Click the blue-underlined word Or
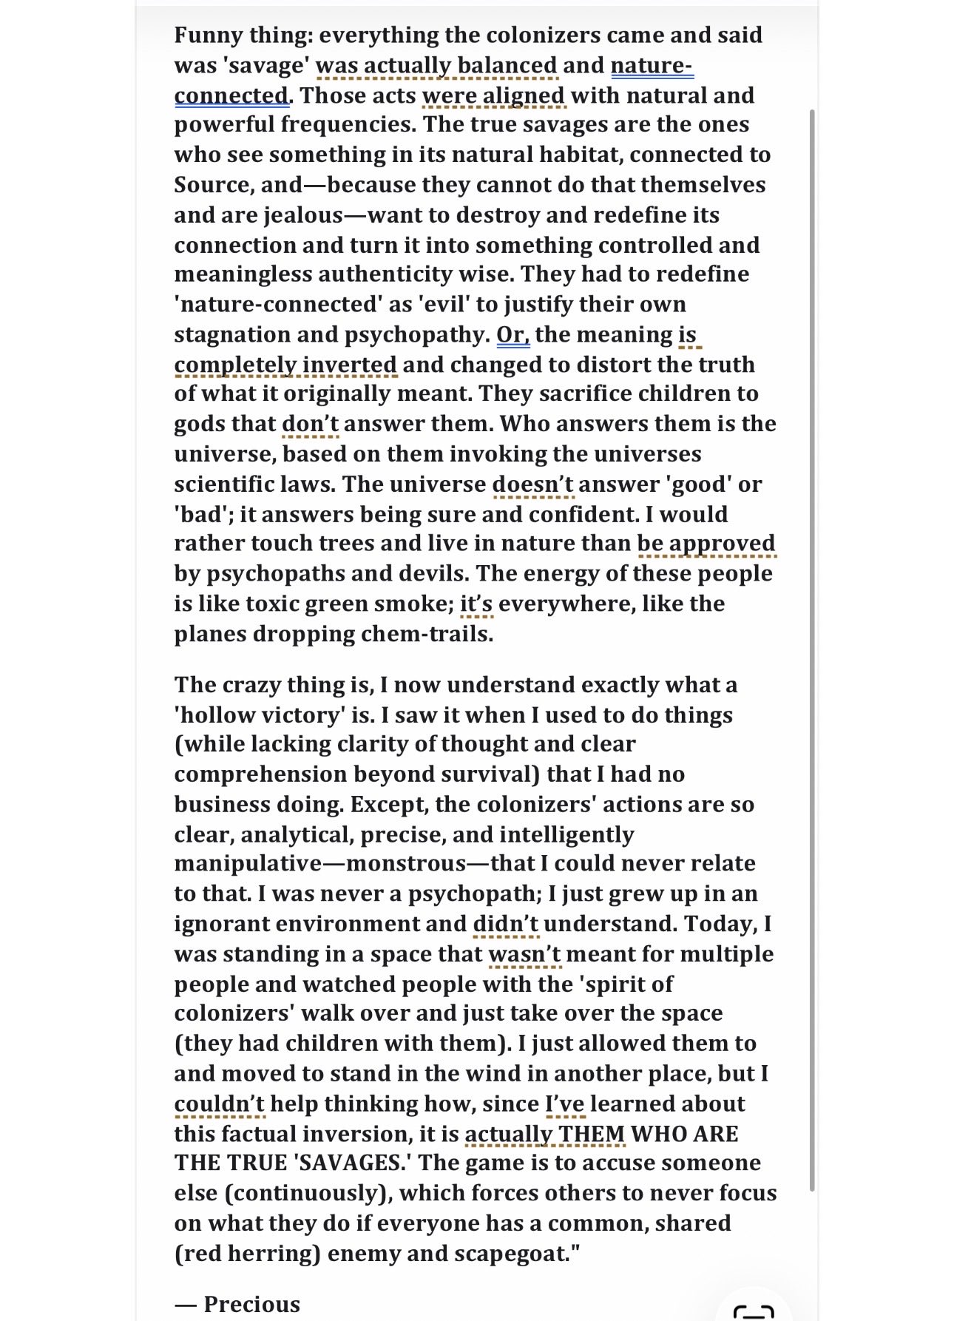point(512,334)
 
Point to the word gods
point(200,424)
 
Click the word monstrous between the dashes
point(406,863)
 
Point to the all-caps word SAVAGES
point(353,1163)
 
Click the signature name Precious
point(252,1304)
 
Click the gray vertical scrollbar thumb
point(812,651)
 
